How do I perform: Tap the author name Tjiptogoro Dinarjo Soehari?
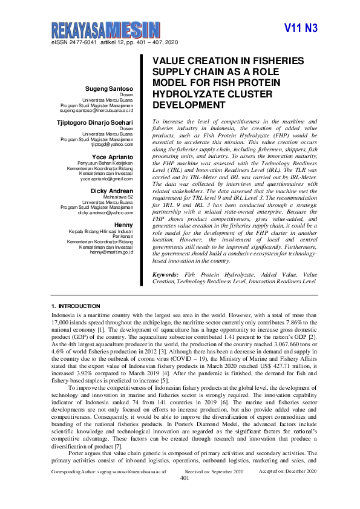tap(99, 122)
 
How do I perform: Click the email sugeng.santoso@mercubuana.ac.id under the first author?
tap(96, 111)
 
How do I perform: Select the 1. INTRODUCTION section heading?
tap(76, 306)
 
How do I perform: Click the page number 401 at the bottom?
tap(185, 494)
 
